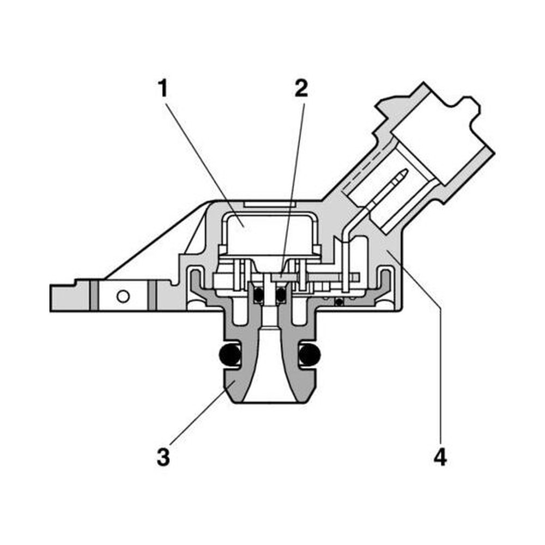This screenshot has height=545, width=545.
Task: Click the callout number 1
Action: (x=162, y=88)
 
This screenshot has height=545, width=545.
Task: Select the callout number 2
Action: (x=301, y=88)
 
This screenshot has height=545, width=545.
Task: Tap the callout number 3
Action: (x=163, y=457)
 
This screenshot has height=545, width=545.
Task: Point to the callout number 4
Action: (x=440, y=457)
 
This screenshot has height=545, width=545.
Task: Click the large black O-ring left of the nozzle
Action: (x=230, y=355)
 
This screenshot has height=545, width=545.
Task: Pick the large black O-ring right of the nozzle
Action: (x=310, y=355)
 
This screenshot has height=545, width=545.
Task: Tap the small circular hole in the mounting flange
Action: (x=123, y=296)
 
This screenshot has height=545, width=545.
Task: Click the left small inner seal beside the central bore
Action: (x=258, y=295)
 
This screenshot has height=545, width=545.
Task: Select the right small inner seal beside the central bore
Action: (x=281, y=295)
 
